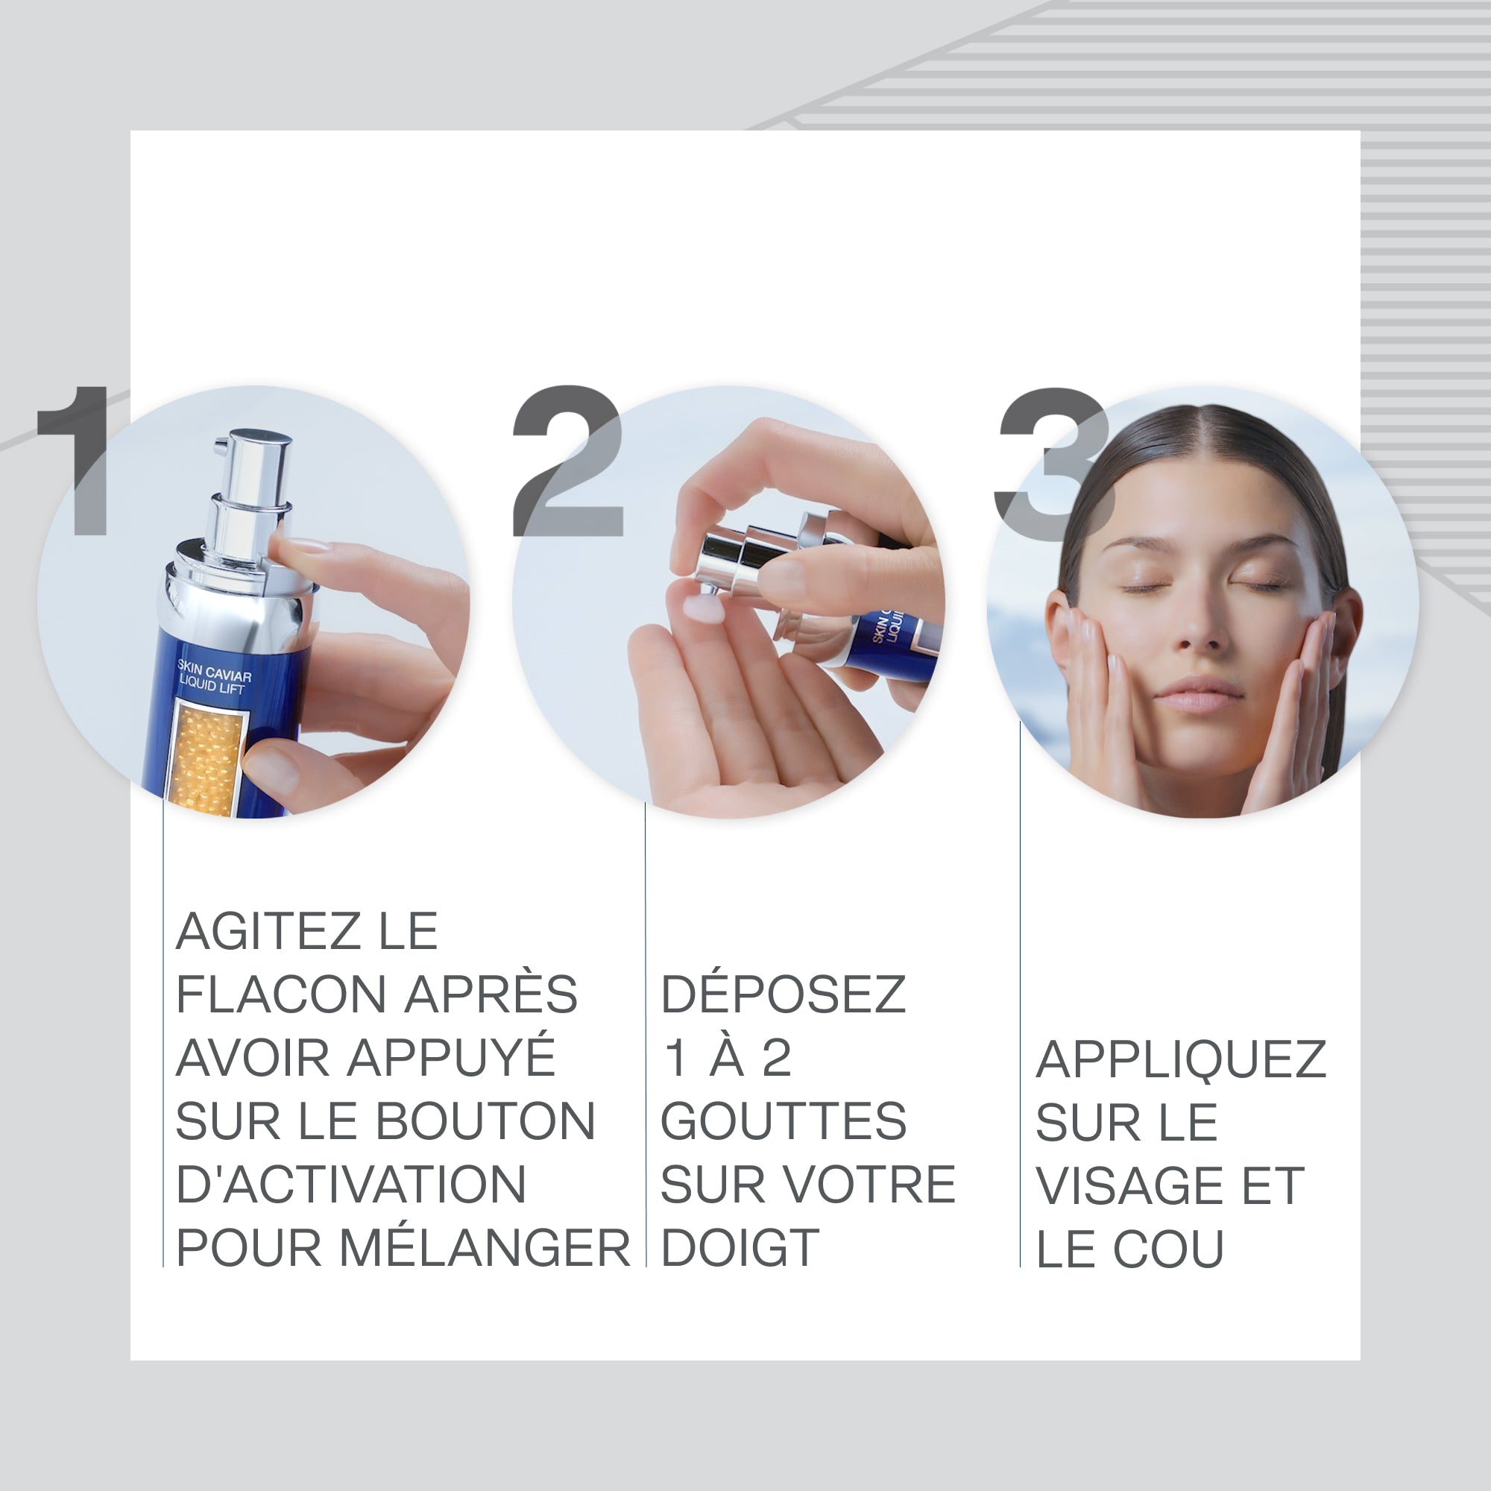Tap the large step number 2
pyautogui.click(x=569, y=461)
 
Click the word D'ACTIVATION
pyautogui.click(x=351, y=1185)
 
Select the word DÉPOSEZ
pyautogui.click(x=783, y=994)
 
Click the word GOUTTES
pyautogui.click(x=784, y=1121)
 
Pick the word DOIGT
pyautogui.click(x=740, y=1248)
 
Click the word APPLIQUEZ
pyautogui.click(x=1181, y=1059)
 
